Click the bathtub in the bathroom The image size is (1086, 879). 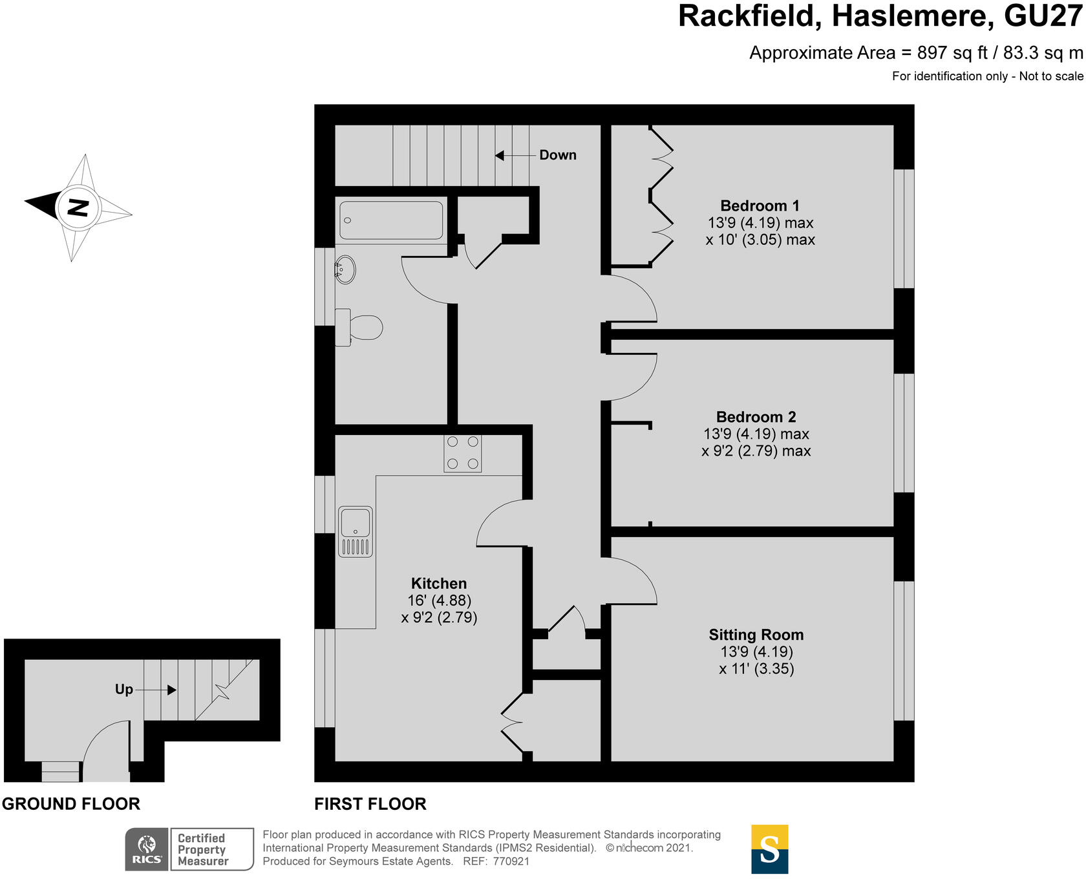(x=391, y=220)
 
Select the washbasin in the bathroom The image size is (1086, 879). (x=346, y=270)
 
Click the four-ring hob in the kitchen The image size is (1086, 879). (x=463, y=453)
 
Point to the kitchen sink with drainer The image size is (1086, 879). (x=356, y=531)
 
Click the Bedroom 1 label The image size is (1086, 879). (x=760, y=206)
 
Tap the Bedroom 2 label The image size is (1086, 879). (x=756, y=417)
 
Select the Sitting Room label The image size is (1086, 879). (x=756, y=635)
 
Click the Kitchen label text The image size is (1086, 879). (x=438, y=583)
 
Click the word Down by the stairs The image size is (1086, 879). (x=557, y=155)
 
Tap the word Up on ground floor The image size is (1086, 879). (x=123, y=690)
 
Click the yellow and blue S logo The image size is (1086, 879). (x=769, y=849)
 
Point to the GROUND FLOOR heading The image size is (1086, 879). (x=71, y=804)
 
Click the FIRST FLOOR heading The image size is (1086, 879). (x=370, y=804)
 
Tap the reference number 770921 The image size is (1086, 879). (x=511, y=862)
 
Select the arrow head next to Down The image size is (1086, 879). (x=500, y=155)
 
